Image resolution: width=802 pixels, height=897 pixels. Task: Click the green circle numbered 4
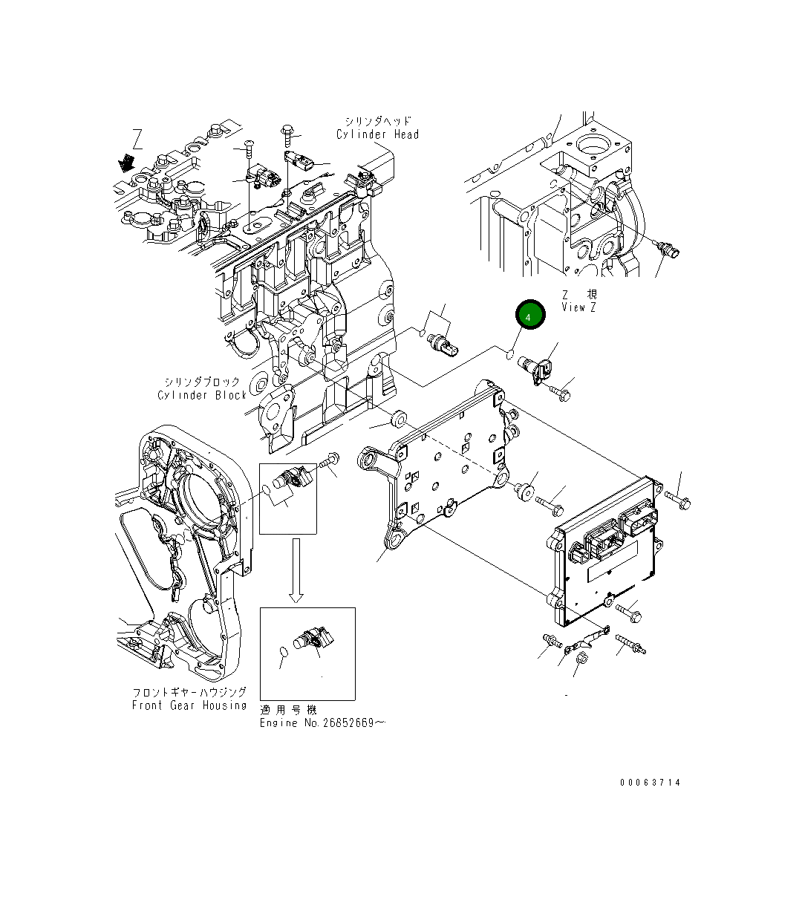pyautogui.click(x=528, y=316)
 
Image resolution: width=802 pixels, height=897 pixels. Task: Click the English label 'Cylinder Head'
pyautogui.click(x=377, y=134)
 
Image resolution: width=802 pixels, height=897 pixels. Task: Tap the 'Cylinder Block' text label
pyautogui.click(x=201, y=395)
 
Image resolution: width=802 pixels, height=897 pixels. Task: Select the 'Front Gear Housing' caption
pyautogui.click(x=189, y=705)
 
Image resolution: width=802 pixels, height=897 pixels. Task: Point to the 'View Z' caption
pyautogui.click(x=578, y=307)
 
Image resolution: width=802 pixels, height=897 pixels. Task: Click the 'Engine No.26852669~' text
pyautogui.click(x=322, y=723)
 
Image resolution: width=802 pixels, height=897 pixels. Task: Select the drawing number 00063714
pyautogui.click(x=651, y=783)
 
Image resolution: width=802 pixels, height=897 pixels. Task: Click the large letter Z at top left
pyautogui.click(x=137, y=139)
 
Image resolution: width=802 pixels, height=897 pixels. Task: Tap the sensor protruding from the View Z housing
pyautogui.click(x=668, y=252)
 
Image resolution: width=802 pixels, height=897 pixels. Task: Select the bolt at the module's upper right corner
pyautogui.click(x=678, y=502)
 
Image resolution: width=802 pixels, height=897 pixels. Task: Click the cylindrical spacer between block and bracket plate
pyautogui.click(x=399, y=419)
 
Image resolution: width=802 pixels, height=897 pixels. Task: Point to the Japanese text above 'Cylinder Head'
pyautogui.click(x=377, y=120)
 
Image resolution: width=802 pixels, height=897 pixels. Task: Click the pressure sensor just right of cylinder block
pyautogui.click(x=444, y=343)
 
